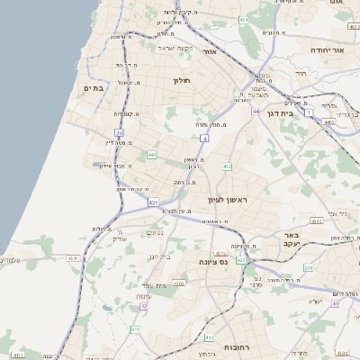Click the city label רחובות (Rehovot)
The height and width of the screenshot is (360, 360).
tap(237, 346)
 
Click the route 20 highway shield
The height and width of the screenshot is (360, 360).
tap(119, 132)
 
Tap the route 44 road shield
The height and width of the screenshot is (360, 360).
tap(256, 112)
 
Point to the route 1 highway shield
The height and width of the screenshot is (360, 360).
tap(309, 113)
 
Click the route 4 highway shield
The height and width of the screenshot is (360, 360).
tap(204, 139)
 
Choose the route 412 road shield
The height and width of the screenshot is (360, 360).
tap(227, 166)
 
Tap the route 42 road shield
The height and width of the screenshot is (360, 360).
tap(144, 307)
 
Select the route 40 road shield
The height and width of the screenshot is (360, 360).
tap(335, 303)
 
